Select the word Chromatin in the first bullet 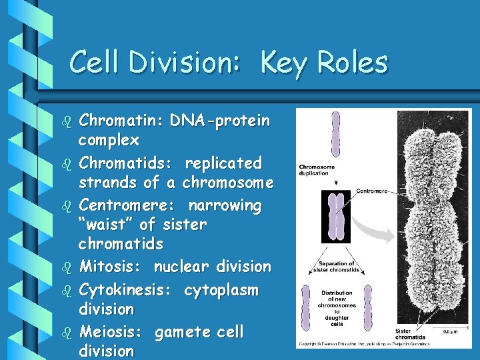(121, 121)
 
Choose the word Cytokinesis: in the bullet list (127, 290)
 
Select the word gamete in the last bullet (181, 331)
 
